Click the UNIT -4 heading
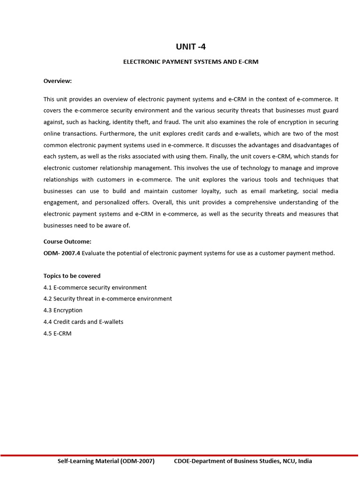190,46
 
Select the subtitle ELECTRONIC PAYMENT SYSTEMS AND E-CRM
190,61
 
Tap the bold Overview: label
58,81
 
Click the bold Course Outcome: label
67,242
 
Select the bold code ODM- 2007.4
62,253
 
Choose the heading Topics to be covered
72,276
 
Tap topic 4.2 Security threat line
108,299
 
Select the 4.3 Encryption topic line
63,310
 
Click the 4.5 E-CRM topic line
57,333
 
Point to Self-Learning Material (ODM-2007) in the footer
106,461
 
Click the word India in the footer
304,461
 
